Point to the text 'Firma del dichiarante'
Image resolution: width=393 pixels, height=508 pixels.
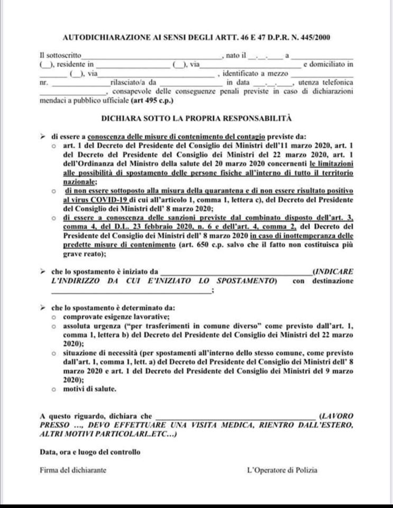click(x=73, y=469)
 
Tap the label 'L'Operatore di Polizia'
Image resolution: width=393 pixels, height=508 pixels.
click(x=282, y=469)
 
